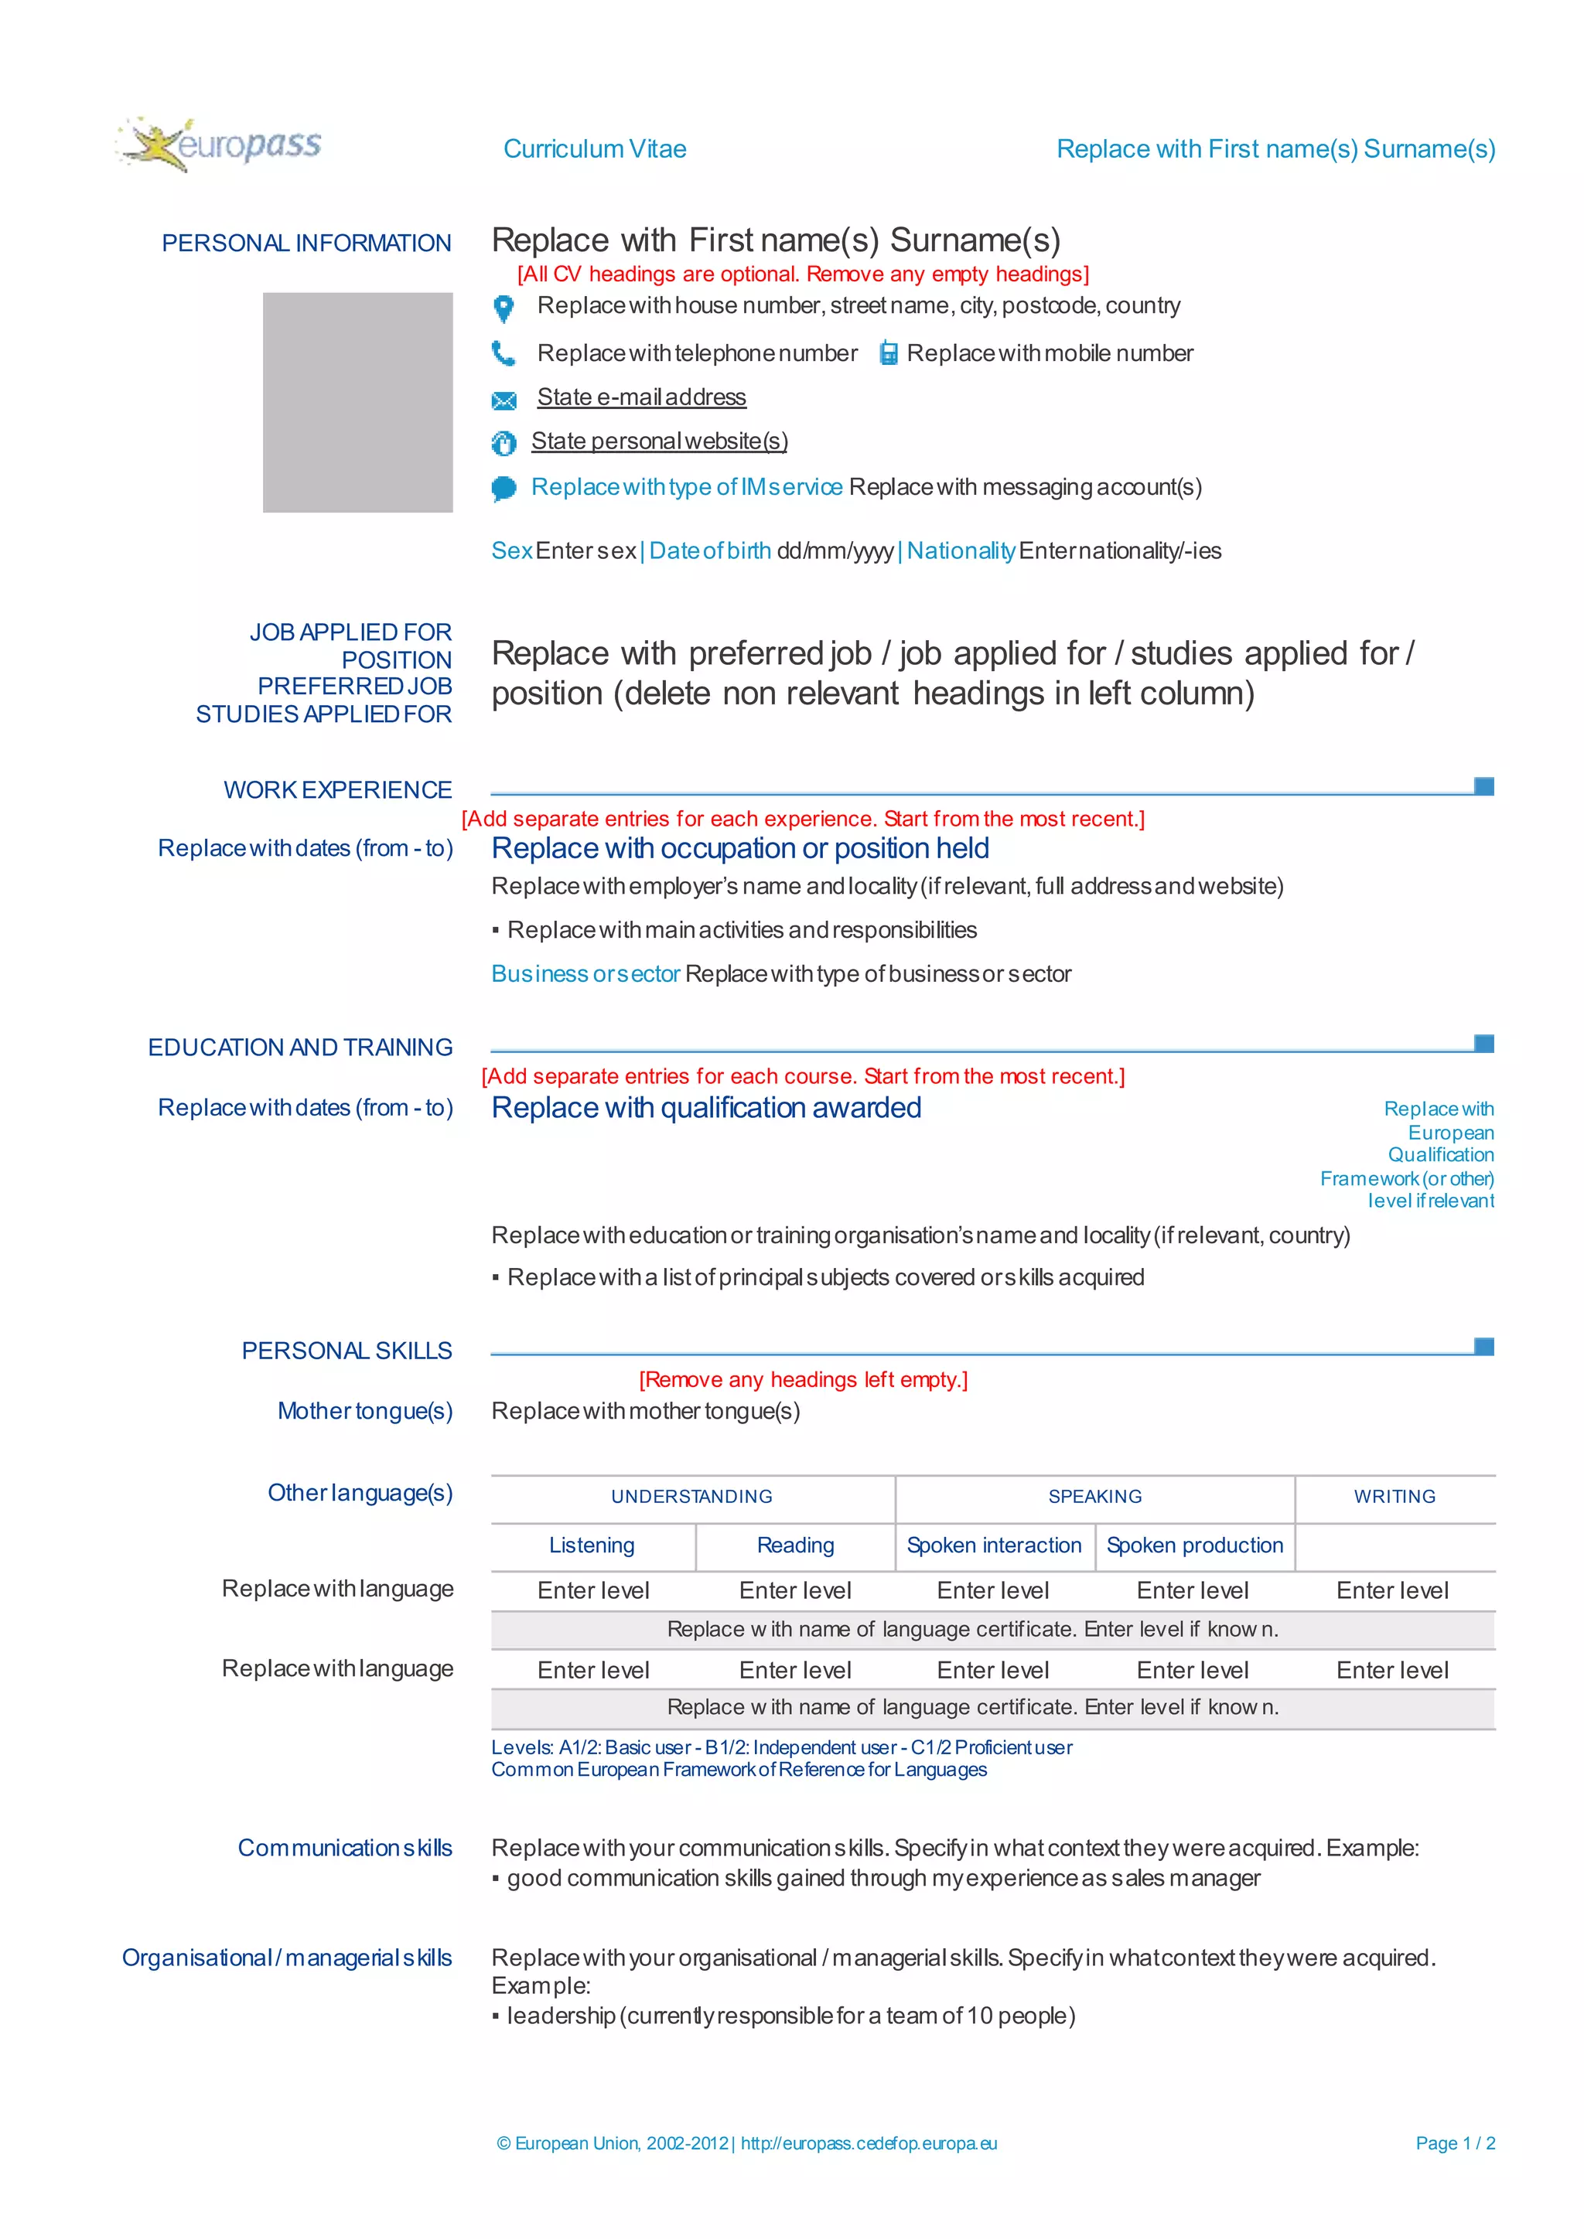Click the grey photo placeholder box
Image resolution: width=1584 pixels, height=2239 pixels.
click(x=357, y=402)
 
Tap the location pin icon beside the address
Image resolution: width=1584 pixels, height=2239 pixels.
click(x=504, y=308)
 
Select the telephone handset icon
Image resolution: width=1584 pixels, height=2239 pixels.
click(x=504, y=353)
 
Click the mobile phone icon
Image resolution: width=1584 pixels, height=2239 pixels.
click(x=888, y=353)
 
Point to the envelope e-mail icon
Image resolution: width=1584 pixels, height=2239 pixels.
click(x=504, y=400)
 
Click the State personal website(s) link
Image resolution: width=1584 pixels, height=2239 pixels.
click(x=659, y=441)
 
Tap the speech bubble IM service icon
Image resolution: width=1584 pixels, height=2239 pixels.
click(x=504, y=488)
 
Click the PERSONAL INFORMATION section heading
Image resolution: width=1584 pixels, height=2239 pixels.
click(x=306, y=243)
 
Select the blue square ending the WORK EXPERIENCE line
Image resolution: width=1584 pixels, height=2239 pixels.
click(x=1483, y=786)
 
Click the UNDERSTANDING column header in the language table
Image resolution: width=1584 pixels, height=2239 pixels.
click(x=691, y=1497)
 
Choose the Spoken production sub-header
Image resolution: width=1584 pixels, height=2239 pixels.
click(x=1194, y=1545)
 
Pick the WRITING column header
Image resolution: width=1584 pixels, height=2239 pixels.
click(x=1394, y=1497)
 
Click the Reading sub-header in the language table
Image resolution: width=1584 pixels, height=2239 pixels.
click(x=795, y=1545)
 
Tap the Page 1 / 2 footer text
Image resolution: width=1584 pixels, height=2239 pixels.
click(x=1454, y=2143)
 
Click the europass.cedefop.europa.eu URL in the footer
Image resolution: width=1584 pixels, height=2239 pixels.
click(x=868, y=2143)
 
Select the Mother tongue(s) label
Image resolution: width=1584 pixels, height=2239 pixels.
click(x=365, y=1411)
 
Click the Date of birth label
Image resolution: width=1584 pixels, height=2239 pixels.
click(x=710, y=551)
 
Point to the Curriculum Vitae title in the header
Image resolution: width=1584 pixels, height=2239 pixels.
click(x=594, y=149)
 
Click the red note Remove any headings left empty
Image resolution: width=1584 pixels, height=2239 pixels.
click(x=803, y=1380)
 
